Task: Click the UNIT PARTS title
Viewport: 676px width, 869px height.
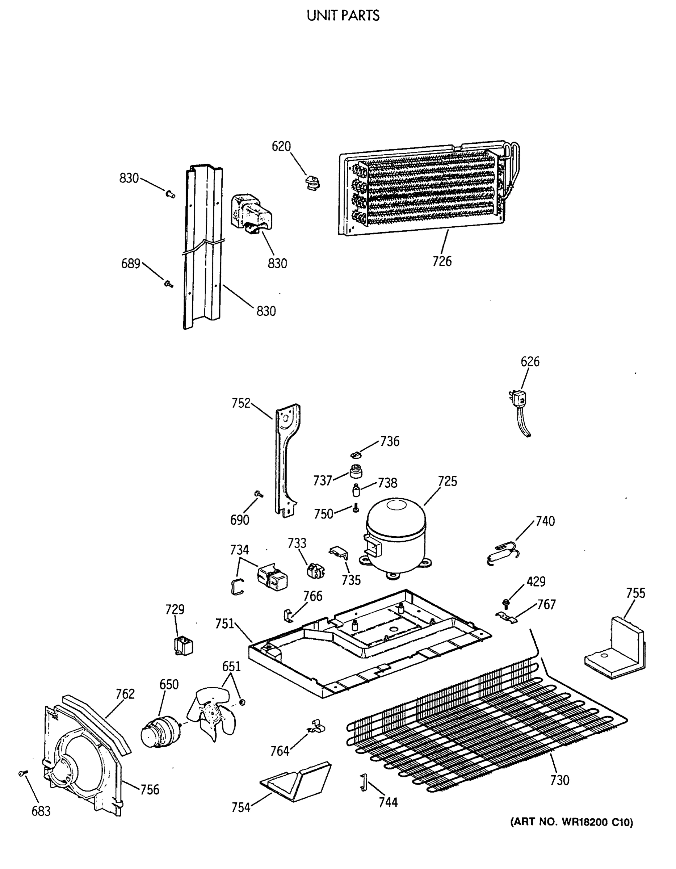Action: click(x=343, y=16)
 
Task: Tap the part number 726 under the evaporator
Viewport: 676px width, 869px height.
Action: click(x=442, y=261)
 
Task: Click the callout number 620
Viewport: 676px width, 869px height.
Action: click(x=281, y=146)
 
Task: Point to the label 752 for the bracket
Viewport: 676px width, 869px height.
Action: click(x=241, y=403)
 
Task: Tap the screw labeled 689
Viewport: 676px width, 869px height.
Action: click(x=168, y=284)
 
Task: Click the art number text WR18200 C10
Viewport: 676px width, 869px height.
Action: click(x=571, y=822)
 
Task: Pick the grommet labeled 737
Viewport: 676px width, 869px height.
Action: click(x=356, y=472)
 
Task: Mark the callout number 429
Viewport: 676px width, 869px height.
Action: click(x=536, y=581)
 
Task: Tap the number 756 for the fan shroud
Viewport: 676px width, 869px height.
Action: click(x=150, y=789)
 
